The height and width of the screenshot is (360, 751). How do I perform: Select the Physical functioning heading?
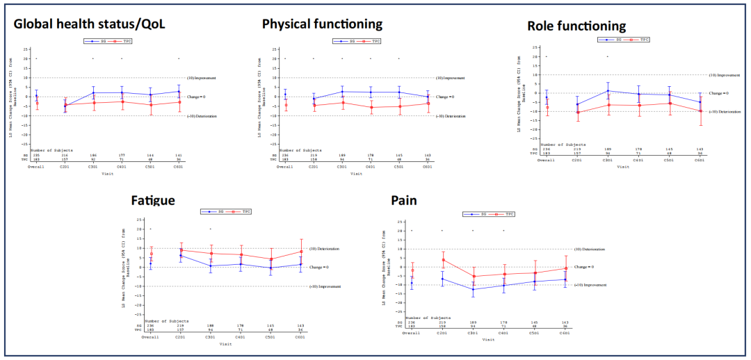pyautogui.click(x=322, y=24)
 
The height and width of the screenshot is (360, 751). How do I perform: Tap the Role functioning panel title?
pyautogui.click(x=576, y=26)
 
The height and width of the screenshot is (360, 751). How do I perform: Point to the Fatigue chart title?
pyautogui.click(x=153, y=201)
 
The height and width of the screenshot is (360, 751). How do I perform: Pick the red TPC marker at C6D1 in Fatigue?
pyautogui.click(x=301, y=252)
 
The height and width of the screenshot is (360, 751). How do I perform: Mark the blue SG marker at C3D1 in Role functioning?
pyautogui.click(x=607, y=91)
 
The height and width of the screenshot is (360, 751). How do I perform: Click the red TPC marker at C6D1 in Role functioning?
pyautogui.click(x=700, y=111)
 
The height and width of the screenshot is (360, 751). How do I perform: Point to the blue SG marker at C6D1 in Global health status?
pyautogui.click(x=179, y=91)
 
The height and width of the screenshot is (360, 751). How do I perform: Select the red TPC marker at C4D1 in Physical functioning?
pyautogui.click(x=370, y=107)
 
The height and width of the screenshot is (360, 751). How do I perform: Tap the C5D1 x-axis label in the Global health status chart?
pyautogui.click(x=150, y=167)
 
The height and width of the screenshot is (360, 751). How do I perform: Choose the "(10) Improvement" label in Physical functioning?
pyautogui.click(x=450, y=78)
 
